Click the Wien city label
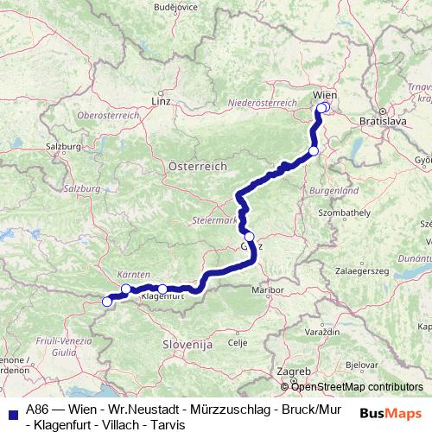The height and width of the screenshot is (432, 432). [324, 93]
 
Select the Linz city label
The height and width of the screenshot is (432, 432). [161, 101]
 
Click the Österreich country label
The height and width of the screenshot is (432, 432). [197, 165]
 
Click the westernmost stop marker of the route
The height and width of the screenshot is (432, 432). [107, 302]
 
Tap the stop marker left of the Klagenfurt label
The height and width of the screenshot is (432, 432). [126, 289]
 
